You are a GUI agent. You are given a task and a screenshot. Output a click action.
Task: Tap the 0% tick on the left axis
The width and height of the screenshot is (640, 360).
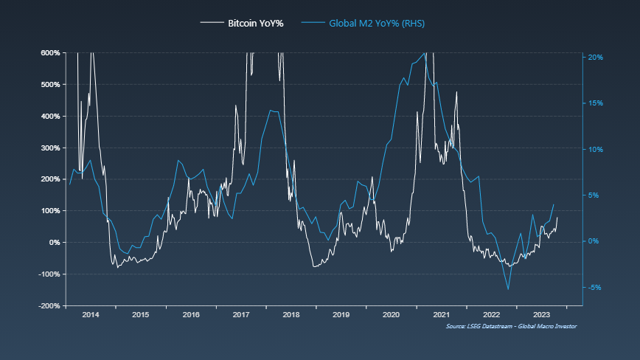coord(54,243)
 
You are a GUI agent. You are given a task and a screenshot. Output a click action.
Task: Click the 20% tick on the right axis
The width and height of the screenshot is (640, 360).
coord(596,57)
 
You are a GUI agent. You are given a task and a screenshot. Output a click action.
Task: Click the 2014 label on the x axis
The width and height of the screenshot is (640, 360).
coord(91,315)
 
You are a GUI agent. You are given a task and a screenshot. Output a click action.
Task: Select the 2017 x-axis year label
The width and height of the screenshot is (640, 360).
coord(241,315)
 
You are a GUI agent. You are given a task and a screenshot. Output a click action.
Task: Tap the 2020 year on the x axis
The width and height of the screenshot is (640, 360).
coord(392,315)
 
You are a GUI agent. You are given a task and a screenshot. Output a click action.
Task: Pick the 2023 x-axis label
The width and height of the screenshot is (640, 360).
coord(541,315)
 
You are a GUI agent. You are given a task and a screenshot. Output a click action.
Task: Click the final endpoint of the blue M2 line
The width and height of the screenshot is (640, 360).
coord(554,204)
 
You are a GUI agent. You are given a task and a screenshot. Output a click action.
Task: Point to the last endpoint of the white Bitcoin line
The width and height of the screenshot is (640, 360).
coord(557,217)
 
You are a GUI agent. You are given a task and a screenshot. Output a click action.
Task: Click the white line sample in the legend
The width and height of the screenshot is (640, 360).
coord(212,24)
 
